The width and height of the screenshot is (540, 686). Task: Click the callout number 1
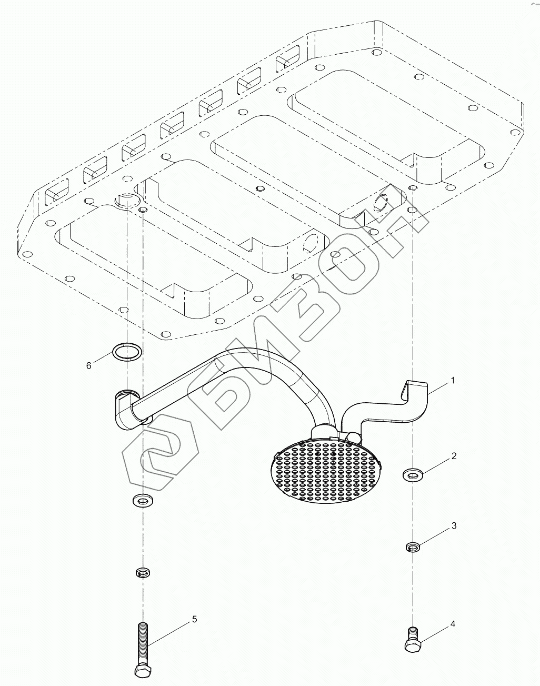453,380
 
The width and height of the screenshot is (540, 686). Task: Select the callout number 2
453,456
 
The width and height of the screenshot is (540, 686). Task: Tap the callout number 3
453,526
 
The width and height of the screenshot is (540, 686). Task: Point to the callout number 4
452,624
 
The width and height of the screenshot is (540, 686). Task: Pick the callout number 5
194,619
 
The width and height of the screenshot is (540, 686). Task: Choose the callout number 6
89,365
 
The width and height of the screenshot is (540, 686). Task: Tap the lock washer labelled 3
413,548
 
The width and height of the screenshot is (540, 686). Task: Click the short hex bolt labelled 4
412,640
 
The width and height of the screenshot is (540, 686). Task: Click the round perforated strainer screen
326,469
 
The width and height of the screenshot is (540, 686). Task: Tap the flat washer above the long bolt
141,499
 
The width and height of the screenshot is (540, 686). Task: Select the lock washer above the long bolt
142,572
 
